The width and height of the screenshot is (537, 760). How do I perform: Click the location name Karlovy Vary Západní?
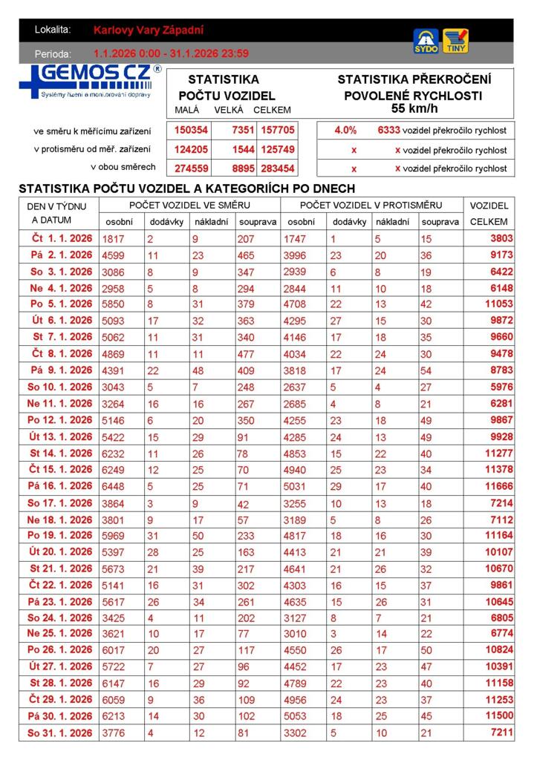click(x=149, y=30)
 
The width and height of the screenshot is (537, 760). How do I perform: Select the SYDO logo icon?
click(x=426, y=42)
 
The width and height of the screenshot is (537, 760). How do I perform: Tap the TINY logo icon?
click(x=455, y=41)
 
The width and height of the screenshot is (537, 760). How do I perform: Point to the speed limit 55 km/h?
click(x=414, y=109)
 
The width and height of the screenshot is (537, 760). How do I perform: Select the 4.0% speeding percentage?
click(x=345, y=130)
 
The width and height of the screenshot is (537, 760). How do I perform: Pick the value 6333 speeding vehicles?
click(x=388, y=130)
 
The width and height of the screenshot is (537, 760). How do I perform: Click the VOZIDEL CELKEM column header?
click(x=489, y=213)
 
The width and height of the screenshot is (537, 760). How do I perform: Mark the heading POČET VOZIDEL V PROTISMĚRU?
click(x=371, y=205)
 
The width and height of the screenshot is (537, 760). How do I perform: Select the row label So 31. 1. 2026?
click(x=60, y=733)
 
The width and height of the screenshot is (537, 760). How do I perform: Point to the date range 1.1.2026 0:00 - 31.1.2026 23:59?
click(x=171, y=53)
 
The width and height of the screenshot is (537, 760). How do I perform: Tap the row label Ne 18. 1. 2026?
click(x=60, y=520)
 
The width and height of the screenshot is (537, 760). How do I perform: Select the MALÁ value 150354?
click(x=191, y=130)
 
